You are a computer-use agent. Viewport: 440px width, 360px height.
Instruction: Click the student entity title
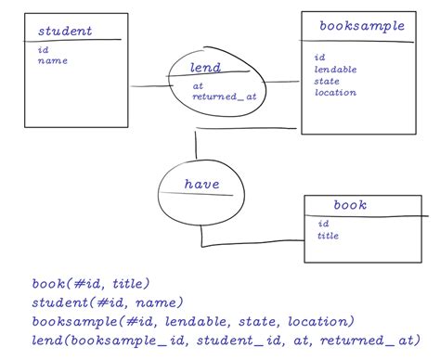pyautogui.click(x=65, y=32)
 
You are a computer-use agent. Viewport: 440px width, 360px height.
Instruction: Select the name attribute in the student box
pyautogui.click(x=53, y=61)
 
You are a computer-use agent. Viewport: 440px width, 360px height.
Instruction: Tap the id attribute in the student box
pyautogui.click(x=43, y=50)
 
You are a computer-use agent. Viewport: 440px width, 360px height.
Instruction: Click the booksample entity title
pyautogui.click(x=361, y=26)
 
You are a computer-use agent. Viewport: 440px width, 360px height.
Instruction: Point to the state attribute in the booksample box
pyautogui.click(x=328, y=81)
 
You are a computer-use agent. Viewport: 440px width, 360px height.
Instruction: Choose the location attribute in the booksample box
pyautogui.click(x=336, y=93)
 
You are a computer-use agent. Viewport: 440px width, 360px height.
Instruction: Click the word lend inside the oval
pyautogui.click(x=204, y=68)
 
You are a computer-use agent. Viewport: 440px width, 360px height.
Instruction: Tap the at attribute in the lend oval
pyautogui.click(x=198, y=85)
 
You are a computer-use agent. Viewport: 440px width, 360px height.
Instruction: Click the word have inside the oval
pyautogui.click(x=201, y=185)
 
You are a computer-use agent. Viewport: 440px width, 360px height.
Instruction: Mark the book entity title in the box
pyautogui.click(x=349, y=205)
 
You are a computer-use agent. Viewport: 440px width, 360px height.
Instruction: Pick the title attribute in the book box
pyautogui.click(x=329, y=236)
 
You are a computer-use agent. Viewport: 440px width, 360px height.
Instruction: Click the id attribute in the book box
pyautogui.click(x=323, y=224)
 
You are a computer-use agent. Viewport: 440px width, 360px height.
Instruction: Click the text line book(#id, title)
pyautogui.click(x=90, y=284)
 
